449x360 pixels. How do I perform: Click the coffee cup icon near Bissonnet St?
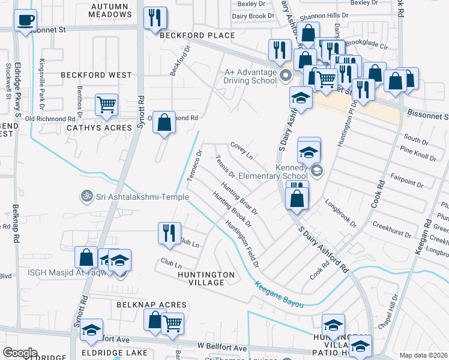coord(25,21)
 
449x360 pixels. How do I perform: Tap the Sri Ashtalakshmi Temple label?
coord(130,196)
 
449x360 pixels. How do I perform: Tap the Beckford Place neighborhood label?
coord(197,36)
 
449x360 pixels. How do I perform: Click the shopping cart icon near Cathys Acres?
coord(106,104)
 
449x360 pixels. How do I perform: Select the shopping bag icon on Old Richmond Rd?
coord(164,122)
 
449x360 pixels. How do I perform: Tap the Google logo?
coord(20,352)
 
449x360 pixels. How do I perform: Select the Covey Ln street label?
coord(242,150)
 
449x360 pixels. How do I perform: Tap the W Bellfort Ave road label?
coord(222,348)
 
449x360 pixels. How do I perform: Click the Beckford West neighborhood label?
coord(96,75)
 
